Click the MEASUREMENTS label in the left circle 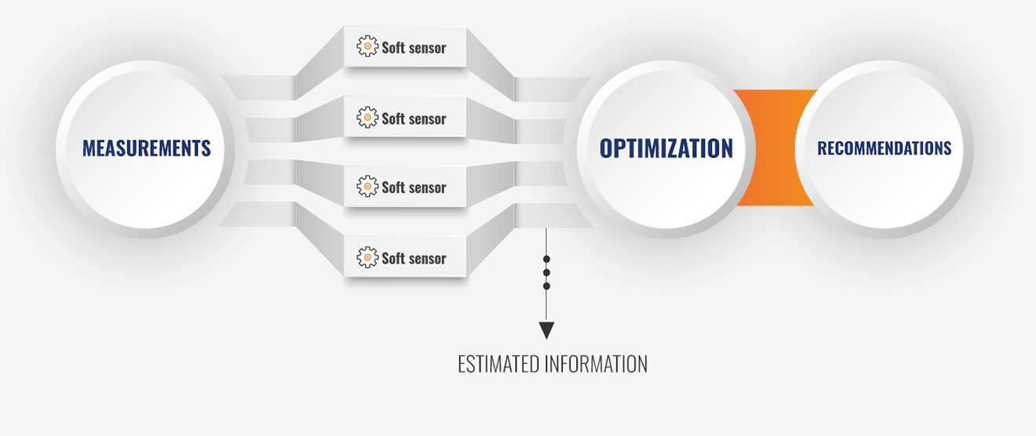(x=147, y=148)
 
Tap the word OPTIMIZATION (x=666, y=148)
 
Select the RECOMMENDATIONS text (x=885, y=148)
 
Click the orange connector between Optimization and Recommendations (x=775, y=147)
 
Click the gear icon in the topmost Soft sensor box (x=367, y=46)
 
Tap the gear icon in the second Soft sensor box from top (x=367, y=118)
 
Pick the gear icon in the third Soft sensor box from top (x=367, y=186)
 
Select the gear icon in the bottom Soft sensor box (x=367, y=257)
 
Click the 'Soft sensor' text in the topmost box (x=414, y=48)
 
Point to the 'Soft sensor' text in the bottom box (x=414, y=258)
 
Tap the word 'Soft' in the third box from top (x=393, y=187)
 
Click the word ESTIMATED (x=498, y=365)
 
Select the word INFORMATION (x=596, y=365)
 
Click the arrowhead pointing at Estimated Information (x=546, y=331)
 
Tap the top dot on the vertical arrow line (x=546, y=259)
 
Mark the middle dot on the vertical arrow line (x=546, y=273)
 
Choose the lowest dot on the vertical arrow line (x=546, y=286)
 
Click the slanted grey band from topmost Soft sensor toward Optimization (x=491, y=64)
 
